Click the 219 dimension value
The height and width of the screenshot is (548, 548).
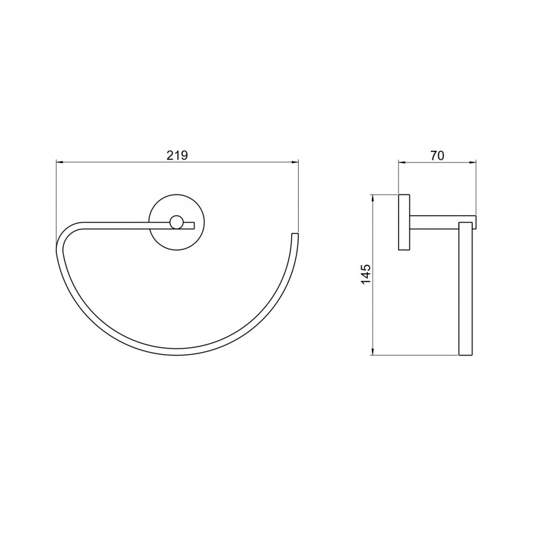coord(177,155)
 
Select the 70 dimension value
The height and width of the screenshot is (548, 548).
coord(437,155)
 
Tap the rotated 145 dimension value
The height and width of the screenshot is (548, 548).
coord(366,275)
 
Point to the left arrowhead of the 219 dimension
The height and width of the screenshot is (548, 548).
coord(60,162)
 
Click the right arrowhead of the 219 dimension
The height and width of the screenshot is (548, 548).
coord(295,162)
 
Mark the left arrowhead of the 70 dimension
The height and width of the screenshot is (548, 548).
coord(402,162)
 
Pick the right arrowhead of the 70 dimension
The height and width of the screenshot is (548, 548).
coord(473,162)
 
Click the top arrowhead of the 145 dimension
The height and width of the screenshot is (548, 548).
coord(373,198)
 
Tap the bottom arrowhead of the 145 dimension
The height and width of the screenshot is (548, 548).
coord(373,352)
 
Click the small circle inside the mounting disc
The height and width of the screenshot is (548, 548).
coord(177,222)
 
